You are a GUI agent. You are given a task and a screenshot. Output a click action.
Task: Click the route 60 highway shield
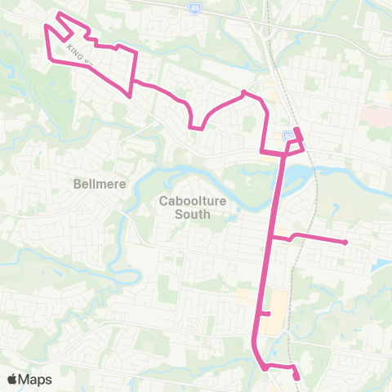pyautogui.click(x=288, y=135)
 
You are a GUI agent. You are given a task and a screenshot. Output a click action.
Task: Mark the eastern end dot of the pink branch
pyautogui.click(x=346, y=242)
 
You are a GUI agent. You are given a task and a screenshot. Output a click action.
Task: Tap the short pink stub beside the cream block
pyautogui.click(x=265, y=314)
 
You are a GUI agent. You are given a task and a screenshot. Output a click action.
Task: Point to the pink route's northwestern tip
pyautogui.click(x=57, y=14)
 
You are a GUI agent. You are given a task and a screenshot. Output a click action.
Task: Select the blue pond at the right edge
pyautogui.click(x=381, y=265)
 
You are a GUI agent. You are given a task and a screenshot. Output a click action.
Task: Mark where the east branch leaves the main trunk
pyautogui.click(x=271, y=238)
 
